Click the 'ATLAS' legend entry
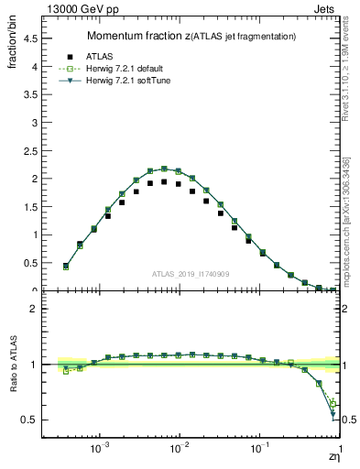(x=110, y=56)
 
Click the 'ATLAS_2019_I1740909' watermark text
(x=190, y=274)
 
